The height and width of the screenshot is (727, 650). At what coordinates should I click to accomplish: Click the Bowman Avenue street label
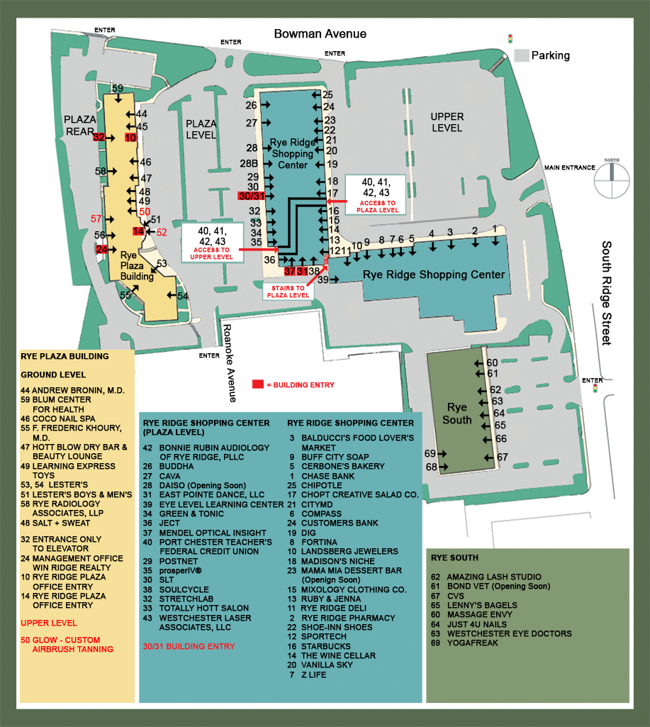(320, 34)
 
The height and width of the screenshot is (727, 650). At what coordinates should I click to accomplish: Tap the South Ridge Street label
(607, 293)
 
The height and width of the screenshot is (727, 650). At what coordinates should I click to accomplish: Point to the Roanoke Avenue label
(230, 363)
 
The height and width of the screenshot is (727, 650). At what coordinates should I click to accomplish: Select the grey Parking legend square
(522, 55)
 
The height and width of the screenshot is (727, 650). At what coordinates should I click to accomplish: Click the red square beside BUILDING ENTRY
(257, 384)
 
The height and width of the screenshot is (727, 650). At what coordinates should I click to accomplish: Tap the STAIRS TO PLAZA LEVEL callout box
(288, 292)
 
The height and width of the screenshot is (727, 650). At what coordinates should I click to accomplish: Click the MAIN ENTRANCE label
(569, 167)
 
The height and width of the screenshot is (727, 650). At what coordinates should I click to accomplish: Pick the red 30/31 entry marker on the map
(251, 196)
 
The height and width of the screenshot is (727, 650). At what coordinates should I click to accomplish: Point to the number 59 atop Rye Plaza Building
(118, 88)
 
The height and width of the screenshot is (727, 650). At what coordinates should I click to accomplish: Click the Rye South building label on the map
(456, 413)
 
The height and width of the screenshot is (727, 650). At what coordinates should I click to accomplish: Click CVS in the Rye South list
(455, 596)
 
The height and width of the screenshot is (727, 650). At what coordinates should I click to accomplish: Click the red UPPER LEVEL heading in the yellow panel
(49, 623)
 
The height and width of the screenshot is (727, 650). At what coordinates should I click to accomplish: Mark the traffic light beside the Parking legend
(510, 39)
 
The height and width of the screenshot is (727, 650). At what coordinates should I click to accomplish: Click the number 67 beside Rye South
(503, 457)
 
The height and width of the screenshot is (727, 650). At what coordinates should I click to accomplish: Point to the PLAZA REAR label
(80, 125)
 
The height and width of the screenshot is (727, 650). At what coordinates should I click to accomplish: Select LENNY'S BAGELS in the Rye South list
(482, 605)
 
